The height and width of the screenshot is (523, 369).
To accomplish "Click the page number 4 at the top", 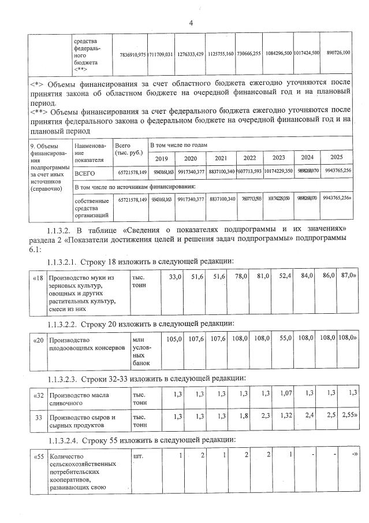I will point(190,23).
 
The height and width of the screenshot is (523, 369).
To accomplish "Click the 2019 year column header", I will point(162,158).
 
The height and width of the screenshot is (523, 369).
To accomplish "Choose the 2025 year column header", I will point(337,157).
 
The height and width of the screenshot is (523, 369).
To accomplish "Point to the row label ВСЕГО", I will point(85,173).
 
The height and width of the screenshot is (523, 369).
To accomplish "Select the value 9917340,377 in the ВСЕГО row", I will point(191,172).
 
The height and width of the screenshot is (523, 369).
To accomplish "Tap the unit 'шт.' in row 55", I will point(138,456).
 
